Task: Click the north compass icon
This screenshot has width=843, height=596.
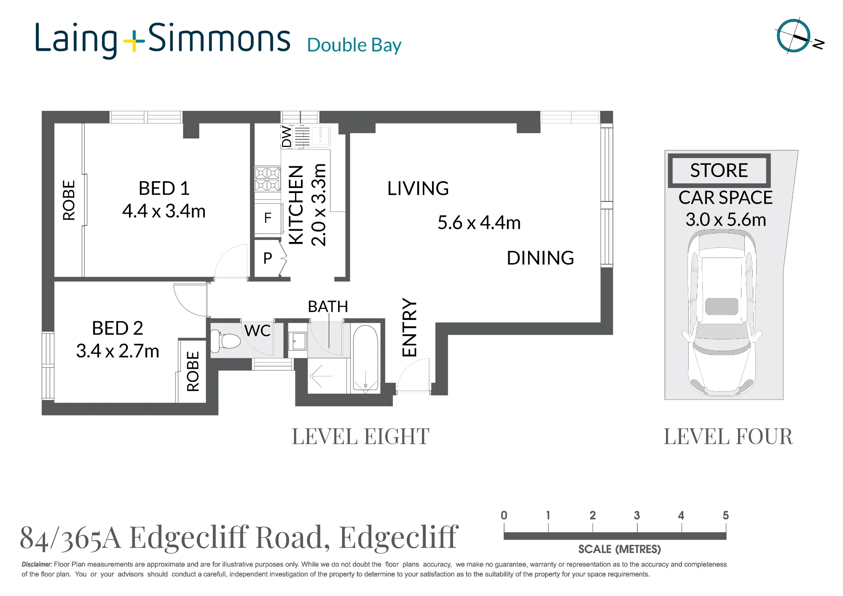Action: [794, 36]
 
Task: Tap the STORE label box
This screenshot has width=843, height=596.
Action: [719, 170]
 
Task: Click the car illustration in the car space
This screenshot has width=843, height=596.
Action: [722, 313]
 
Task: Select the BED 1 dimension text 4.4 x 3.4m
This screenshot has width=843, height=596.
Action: [164, 211]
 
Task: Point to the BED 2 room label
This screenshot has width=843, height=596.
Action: [118, 328]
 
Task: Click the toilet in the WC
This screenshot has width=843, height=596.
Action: [226, 341]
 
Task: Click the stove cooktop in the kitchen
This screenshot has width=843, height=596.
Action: [267, 179]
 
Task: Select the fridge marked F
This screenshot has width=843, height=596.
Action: [268, 218]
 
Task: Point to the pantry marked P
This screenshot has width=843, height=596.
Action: [268, 258]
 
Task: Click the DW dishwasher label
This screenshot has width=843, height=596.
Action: [287, 137]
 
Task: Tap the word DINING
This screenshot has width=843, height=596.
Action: [540, 258]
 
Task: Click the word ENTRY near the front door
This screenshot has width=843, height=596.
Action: [409, 328]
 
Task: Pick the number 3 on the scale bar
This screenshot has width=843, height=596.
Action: [637, 515]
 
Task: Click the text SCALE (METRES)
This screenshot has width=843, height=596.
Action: [620, 549]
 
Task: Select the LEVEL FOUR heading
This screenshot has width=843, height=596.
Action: [728, 436]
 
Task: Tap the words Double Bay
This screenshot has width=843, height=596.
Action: [354, 45]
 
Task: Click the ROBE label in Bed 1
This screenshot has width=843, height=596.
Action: [69, 200]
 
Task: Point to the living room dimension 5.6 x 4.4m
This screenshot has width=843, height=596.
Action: [479, 223]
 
